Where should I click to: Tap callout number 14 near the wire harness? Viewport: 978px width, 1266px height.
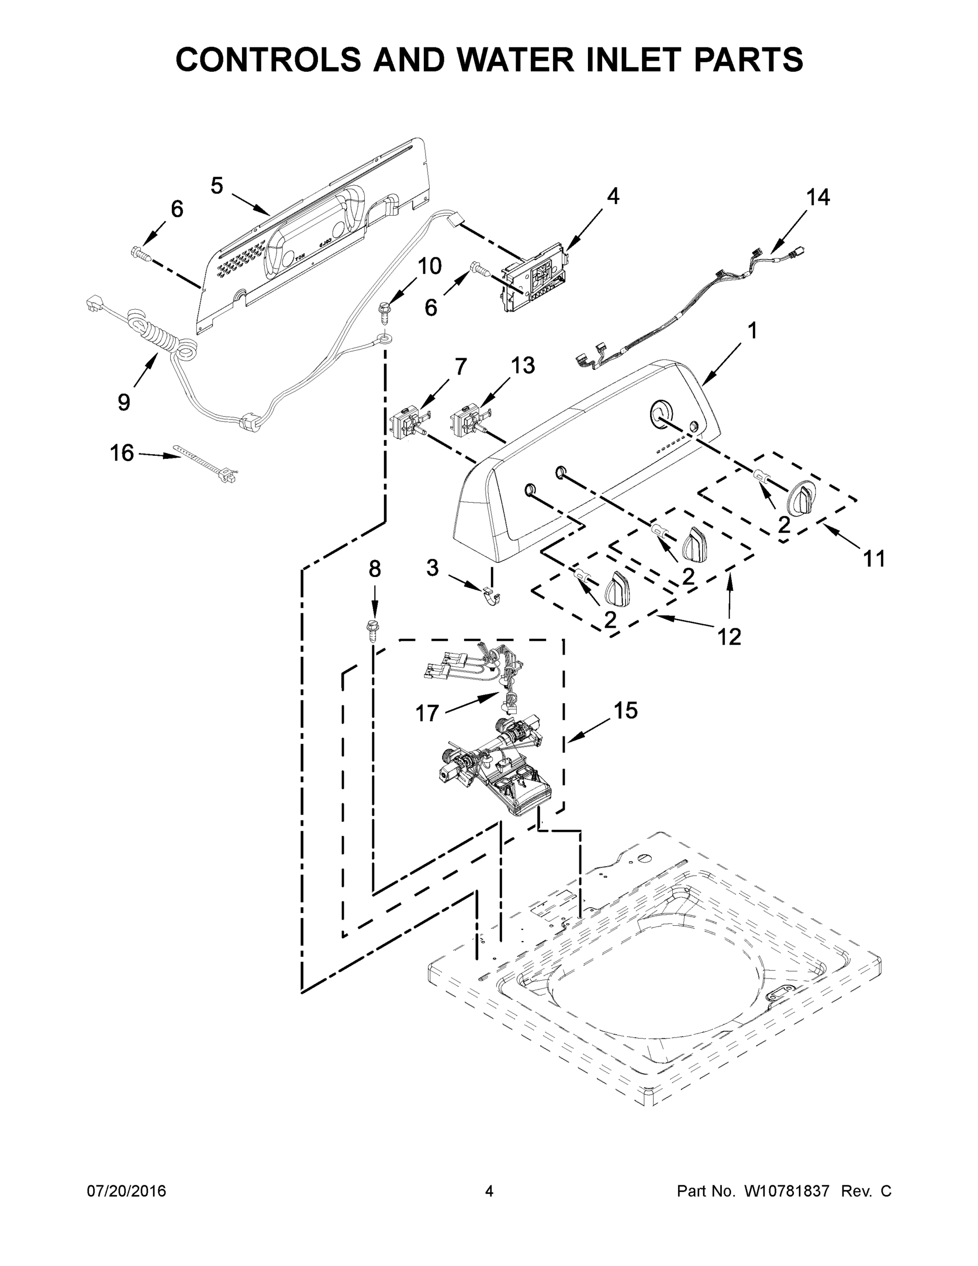[818, 198]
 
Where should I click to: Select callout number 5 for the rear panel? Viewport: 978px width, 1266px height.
[217, 186]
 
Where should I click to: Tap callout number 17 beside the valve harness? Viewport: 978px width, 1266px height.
[427, 713]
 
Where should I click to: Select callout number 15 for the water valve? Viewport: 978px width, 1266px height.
[626, 710]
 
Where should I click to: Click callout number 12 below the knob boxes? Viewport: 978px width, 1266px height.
[729, 637]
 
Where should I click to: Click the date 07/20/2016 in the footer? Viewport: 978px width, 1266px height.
[127, 1191]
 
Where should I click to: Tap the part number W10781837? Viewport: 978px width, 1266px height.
[786, 1191]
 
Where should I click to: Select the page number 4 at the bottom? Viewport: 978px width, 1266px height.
[489, 1191]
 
